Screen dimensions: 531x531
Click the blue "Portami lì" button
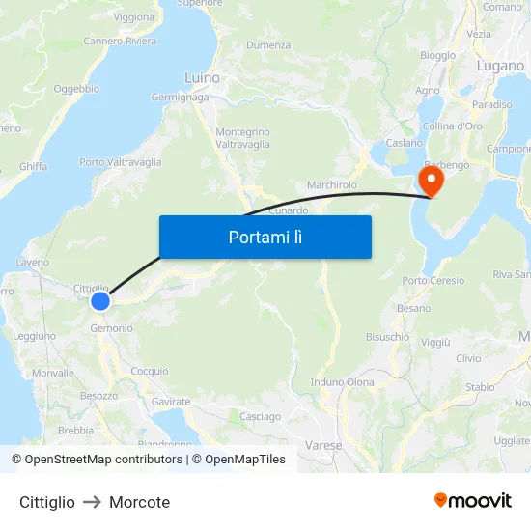tap(265, 237)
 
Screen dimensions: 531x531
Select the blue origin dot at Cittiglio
tap(100, 301)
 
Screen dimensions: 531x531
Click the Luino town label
tap(202, 77)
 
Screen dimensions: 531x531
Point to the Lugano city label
tap(499, 66)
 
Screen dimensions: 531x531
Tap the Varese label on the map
tap(322, 446)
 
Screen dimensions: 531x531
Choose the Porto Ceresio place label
tap(433, 281)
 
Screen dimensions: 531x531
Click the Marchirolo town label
tap(331, 184)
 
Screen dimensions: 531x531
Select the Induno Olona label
tap(342, 382)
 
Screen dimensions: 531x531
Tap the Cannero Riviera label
tap(120, 41)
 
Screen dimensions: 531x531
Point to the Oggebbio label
tap(76, 89)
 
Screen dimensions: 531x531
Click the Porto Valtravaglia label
tap(120, 162)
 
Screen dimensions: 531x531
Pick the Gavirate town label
tap(171, 401)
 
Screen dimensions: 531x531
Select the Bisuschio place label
tap(387, 337)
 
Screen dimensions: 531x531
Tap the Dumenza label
tap(267, 45)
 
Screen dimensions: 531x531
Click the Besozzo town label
tap(98, 395)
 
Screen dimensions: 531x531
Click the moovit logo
tap(472, 501)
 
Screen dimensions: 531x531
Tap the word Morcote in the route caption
tap(139, 502)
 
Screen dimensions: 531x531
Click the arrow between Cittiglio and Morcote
tap(92, 502)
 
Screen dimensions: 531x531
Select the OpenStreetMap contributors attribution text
tap(98, 460)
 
